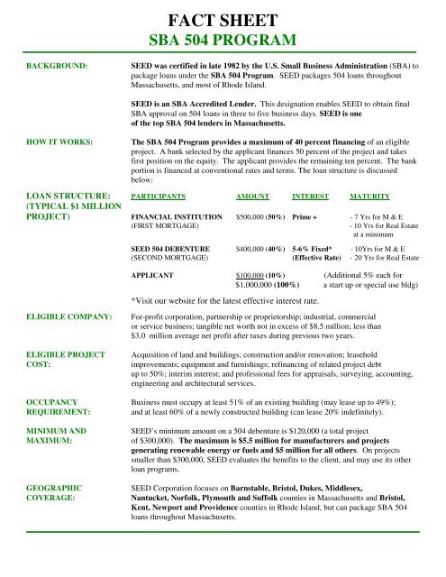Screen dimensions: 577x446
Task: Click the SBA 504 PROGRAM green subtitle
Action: [222, 41]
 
